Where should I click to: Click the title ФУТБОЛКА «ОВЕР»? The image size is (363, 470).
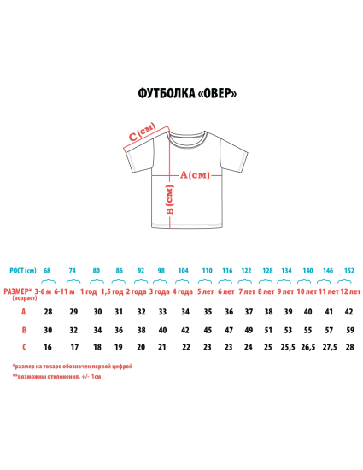[187, 93]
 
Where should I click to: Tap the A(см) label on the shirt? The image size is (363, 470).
[195, 174]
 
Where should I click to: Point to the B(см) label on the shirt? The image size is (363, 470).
[169, 200]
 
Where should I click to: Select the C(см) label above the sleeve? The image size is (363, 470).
[143, 132]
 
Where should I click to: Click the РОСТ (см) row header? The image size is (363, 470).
[23, 271]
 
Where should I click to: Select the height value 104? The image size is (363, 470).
[183, 271]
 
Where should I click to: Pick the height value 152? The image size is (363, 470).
[349, 271]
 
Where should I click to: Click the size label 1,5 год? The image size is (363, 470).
[112, 291]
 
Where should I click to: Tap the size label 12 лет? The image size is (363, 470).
[350, 291]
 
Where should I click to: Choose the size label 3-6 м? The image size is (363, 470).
[43, 291]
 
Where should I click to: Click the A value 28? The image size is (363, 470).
[48, 312]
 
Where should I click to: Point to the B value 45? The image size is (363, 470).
[208, 330]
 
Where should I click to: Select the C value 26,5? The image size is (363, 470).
[308, 347]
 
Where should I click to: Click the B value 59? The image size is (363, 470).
[350, 330]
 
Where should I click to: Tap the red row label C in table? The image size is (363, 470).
[24, 347]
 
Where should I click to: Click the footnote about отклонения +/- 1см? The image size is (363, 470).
[56, 377]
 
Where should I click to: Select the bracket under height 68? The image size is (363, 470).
[48, 281]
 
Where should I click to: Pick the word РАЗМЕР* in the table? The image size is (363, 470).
[18, 291]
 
